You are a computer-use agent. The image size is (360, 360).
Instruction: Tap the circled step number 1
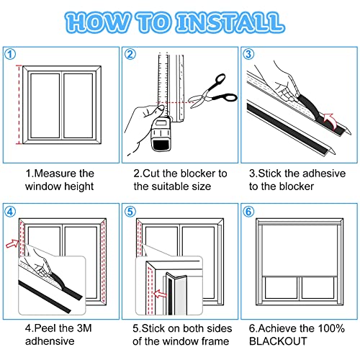[x=9, y=53]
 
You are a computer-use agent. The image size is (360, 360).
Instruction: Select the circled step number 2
[x=130, y=53]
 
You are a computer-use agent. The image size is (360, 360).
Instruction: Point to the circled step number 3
[x=248, y=53]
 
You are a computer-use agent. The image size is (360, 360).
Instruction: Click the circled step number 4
[x=9, y=212]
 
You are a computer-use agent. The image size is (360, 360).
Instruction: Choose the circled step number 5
[x=130, y=212]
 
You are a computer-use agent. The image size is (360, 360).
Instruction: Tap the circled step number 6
[x=248, y=212]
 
